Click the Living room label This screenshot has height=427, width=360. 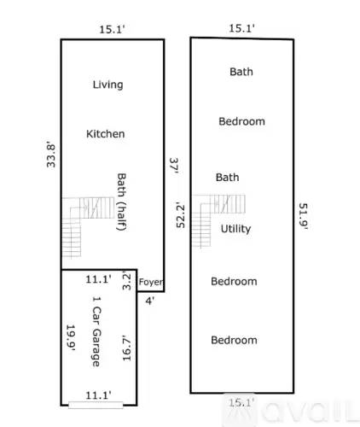[107, 85]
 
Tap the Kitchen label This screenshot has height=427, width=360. [106, 134]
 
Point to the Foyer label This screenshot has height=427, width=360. [150, 282]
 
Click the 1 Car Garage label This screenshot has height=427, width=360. [96, 332]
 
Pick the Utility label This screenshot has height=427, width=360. [235, 229]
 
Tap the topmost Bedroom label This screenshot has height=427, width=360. [241, 121]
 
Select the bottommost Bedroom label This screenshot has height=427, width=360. [234, 340]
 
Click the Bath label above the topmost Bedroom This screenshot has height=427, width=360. [241, 72]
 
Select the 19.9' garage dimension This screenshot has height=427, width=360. [72, 339]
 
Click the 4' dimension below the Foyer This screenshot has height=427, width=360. [149, 300]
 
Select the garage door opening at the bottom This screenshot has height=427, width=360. [96, 404]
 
